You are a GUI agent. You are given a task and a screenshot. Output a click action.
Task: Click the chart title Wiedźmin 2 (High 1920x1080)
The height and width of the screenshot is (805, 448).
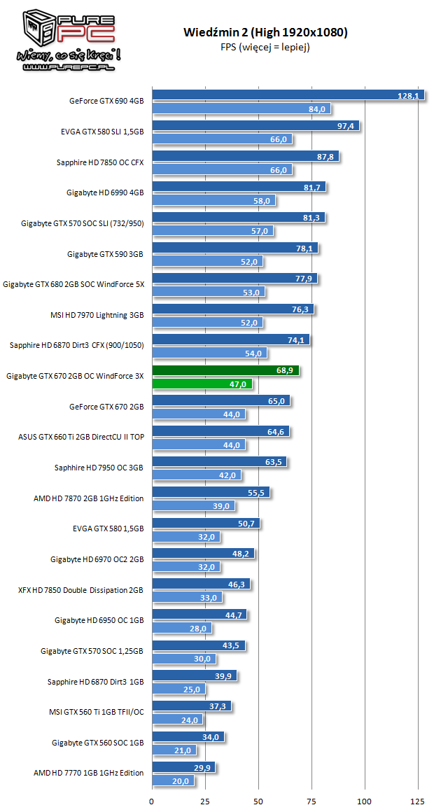[265, 32]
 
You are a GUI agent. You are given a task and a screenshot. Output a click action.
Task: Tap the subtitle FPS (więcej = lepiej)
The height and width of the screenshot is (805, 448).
[265, 48]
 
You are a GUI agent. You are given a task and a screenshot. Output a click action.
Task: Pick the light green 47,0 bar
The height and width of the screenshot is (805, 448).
[202, 384]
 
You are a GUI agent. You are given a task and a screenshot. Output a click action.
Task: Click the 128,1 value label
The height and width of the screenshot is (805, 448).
[407, 95]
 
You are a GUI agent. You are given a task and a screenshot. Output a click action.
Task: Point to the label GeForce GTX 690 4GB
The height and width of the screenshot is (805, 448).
[106, 101]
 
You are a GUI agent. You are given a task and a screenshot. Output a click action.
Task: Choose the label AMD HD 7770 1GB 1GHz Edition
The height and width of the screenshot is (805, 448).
[88, 773]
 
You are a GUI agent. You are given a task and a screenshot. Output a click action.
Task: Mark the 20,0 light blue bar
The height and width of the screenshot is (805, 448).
[173, 780]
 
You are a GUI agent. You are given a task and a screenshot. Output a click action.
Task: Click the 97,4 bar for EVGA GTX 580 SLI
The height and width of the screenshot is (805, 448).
[255, 126]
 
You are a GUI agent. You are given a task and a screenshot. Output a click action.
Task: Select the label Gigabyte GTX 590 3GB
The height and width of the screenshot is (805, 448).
[105, 253]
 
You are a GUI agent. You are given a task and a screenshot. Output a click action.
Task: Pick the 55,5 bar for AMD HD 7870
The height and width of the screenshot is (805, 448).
[211, 492]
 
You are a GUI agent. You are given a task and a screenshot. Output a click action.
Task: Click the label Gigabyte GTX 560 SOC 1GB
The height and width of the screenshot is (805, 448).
[97, 742]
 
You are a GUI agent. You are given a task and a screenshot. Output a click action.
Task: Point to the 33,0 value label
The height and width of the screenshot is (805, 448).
[209, 597]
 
